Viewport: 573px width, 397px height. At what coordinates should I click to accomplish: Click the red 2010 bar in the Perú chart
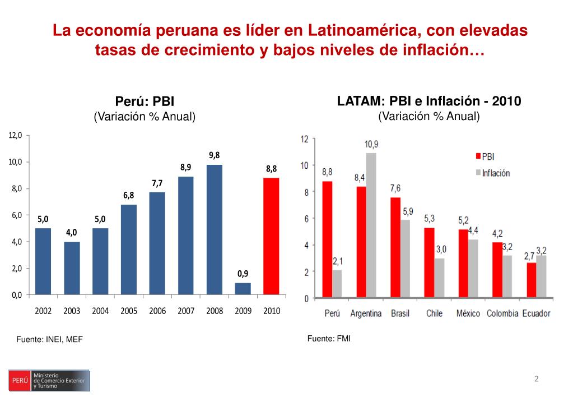coord(271,236)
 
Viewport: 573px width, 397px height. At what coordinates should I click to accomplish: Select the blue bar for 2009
coord(243,288)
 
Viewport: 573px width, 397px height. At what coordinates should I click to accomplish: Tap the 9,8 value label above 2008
coord(215,155)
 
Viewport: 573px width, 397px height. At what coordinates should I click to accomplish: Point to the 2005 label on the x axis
coord(129,311)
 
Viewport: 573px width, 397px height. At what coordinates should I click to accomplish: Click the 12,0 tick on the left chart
coord(15,135)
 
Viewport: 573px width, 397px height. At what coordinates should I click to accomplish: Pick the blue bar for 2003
coord(72,267)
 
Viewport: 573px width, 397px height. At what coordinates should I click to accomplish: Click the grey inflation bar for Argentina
coord(371,225)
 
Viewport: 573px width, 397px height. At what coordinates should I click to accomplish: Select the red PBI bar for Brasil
coord(395,247)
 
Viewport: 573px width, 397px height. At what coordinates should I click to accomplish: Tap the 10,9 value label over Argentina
coord(371,144)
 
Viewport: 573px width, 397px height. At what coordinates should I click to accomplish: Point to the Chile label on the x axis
coord(434,313)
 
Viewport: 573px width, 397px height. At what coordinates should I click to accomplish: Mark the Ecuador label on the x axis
coord(536,313)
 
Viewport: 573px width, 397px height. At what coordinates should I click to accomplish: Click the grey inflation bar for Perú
coord(337,284)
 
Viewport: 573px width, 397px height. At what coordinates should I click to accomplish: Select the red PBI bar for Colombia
coord(497,270)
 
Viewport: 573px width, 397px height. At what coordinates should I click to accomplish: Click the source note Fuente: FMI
coord(329,338)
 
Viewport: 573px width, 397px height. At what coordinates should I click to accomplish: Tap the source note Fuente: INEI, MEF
coord(49,339)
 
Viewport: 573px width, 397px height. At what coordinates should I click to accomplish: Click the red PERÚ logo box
coord(20,381)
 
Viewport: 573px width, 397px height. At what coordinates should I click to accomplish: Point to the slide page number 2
coord(536,379)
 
